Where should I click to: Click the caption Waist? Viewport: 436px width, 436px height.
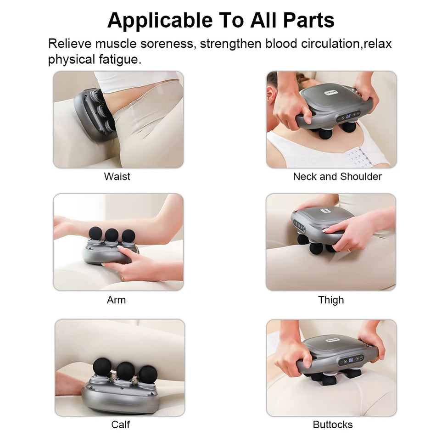(x=117, y=177)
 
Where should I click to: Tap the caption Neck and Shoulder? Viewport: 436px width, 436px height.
(x=337, y=177)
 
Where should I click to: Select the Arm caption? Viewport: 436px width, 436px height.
(x=116, y=300)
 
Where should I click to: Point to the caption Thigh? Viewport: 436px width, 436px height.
(x=331, y=300)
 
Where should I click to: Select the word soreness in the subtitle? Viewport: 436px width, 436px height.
(x=168, y=44)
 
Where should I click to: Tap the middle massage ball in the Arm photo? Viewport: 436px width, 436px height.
(x=112, y=235)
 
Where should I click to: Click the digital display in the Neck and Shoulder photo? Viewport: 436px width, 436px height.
(x=348, y=117)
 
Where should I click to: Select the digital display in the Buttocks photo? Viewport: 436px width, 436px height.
(x=351, y=360)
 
